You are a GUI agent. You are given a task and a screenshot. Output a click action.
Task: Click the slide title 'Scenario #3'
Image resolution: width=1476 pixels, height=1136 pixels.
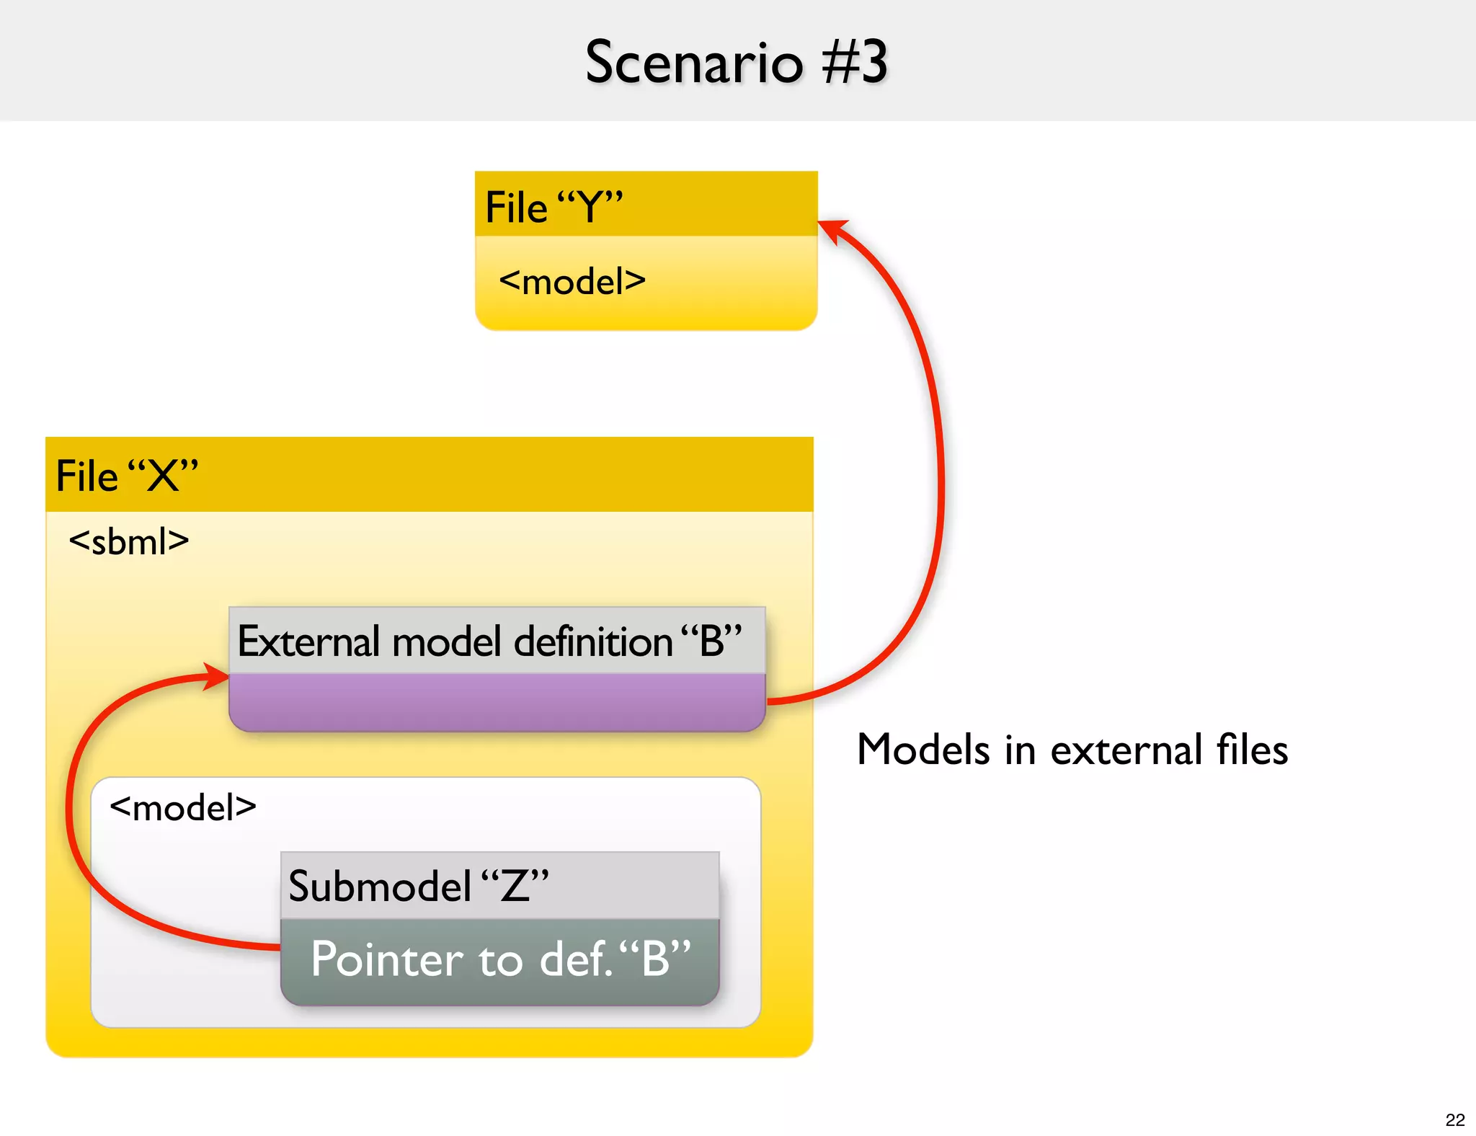click(x=736, y=63)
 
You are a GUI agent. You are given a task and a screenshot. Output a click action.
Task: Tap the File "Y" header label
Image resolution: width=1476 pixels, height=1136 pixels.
click(x=553, y=208)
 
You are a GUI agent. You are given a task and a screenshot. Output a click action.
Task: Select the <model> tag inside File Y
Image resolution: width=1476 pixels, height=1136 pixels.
click(x=572, y=281)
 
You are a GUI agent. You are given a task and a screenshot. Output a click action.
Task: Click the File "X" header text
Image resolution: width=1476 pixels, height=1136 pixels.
click(x=127, y=476)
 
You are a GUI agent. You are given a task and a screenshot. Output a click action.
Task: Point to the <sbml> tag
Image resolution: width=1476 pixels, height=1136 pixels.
click(x=129, y=541)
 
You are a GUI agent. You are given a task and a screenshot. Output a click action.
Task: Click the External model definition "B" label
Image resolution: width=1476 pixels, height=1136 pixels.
click(x=489, y=641)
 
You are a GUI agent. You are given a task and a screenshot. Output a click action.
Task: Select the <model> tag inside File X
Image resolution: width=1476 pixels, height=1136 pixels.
click(x=183, y=807)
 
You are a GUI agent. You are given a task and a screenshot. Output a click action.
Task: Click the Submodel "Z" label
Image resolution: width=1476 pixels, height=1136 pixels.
click(x=418, y=886)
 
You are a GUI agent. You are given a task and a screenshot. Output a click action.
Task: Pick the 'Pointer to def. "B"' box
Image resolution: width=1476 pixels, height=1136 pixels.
click(x=500, y=960)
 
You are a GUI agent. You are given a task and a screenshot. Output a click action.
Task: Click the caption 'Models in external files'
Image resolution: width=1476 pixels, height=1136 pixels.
click(x=1072, y=750)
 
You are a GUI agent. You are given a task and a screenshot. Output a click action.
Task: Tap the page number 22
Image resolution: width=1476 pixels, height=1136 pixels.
click(x=1454, y=1119)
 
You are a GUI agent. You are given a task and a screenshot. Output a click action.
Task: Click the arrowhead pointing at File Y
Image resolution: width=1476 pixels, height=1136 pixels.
click(x=833, y=230)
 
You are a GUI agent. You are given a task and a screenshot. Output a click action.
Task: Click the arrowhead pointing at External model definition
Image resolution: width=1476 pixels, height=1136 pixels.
click(x=215, y=675)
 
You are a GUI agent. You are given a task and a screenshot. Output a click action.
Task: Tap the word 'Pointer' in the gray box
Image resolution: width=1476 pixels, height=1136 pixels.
click(x=387, y=960)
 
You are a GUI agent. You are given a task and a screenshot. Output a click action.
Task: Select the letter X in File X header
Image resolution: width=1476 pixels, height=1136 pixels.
click(x=163, y=476)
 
